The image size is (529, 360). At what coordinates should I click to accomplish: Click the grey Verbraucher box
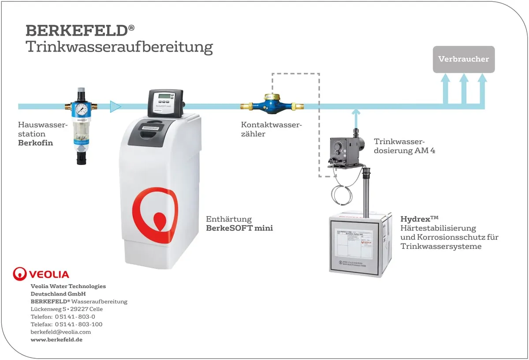coord(463,59)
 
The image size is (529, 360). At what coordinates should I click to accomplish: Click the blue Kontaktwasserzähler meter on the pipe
coord(272,105)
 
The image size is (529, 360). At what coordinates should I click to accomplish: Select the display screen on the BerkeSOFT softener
coord(164,98)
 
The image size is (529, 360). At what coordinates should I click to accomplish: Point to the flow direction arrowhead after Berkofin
coord(115,106)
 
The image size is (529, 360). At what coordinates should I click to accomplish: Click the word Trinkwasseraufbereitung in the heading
coord(119,47)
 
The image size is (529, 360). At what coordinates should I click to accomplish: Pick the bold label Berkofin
coord(36,142)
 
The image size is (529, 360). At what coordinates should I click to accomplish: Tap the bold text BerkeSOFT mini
coord(239,228)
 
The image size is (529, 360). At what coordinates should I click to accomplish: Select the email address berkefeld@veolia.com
coord(61,332)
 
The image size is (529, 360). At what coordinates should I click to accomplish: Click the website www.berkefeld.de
coord(56,340)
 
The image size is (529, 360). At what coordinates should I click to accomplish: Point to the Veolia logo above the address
coord(41,274)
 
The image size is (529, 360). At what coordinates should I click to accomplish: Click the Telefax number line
coord(67,324)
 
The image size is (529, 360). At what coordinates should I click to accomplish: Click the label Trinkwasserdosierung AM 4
coord(405,146)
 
